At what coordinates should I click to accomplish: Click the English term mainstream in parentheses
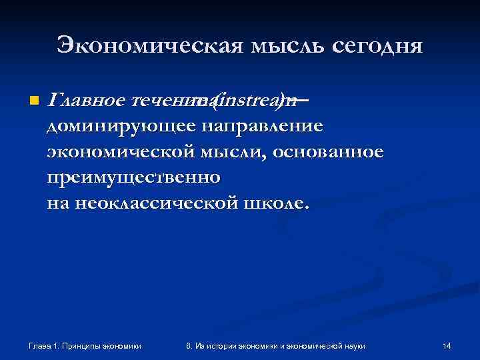click(x=243, y=100)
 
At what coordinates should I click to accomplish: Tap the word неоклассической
click(x=151, y=203)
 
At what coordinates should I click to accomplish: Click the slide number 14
click(x=447, y=345)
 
